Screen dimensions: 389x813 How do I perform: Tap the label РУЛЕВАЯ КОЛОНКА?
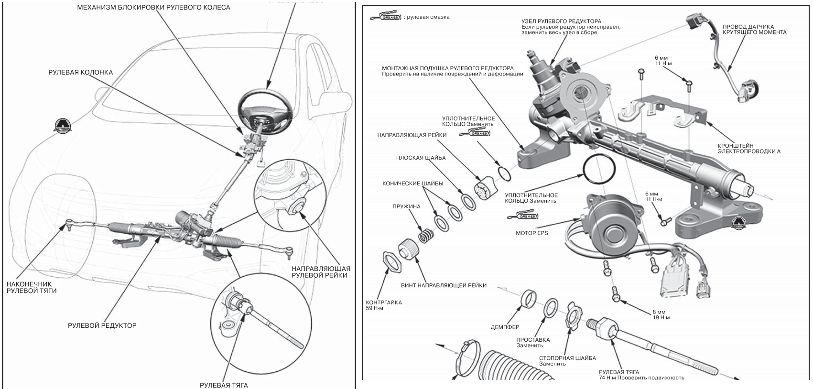coord(80,73)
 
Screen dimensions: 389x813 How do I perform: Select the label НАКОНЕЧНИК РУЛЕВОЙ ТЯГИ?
coord(32,287)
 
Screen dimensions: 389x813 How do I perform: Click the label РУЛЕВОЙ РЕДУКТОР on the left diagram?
coord(102,326)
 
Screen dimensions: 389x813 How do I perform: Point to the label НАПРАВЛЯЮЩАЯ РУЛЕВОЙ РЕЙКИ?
coord(321,272)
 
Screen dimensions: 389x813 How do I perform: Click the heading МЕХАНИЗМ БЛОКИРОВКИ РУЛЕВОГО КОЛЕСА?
coord(153,8)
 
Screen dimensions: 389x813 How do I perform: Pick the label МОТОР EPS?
coord(531,233)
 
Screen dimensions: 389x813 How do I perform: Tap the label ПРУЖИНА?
coord(406,206)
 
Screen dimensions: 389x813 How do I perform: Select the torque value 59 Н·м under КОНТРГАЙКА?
coord(374,308)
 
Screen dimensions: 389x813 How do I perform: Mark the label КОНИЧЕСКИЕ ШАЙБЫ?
coord(412,184)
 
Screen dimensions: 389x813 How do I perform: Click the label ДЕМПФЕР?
coord(505,327)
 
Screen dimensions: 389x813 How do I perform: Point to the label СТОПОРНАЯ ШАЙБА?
coord(567,358)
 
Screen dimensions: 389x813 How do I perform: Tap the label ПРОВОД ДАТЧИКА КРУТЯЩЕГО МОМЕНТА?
coord(754,30)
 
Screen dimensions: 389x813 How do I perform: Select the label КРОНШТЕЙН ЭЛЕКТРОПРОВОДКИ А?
coord(748,148)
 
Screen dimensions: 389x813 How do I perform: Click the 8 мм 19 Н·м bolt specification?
coord(661,315)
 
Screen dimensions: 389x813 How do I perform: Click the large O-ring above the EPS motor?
coord(599,168)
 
